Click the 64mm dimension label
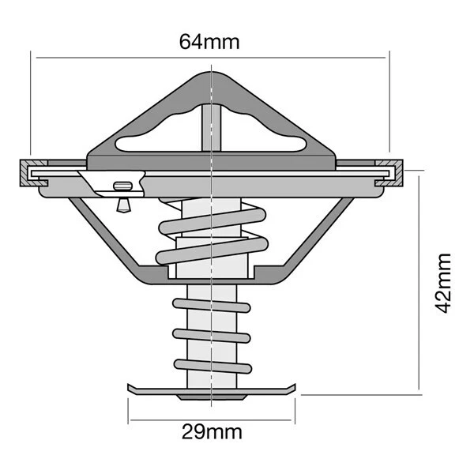click(210, 40)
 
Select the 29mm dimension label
click(211, 432)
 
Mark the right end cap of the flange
click(397, 172)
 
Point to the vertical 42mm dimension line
click(419, 284)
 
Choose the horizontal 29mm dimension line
click(211, 419)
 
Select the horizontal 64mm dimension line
click(209, 57)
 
